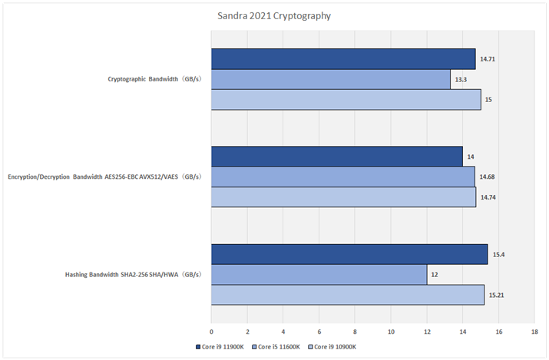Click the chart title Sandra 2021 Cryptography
[274, 15]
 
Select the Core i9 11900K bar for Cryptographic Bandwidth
[343, 59]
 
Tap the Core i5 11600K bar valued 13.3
[331, 79]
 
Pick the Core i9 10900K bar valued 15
[346, 100]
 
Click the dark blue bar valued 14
[337, 157]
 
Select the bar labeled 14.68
[343, 177]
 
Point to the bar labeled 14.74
[344, 197]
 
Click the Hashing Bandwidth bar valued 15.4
[349, 254]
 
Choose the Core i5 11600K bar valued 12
[319, 275]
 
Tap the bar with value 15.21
[348, 295]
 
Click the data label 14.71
[488, 59]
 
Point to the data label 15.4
[498, 254]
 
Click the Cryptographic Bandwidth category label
[156, 79]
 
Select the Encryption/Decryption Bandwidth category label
[104, 177]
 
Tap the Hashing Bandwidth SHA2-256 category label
[134, 275]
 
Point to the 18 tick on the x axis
[534, 332]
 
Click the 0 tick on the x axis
[211, 332]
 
